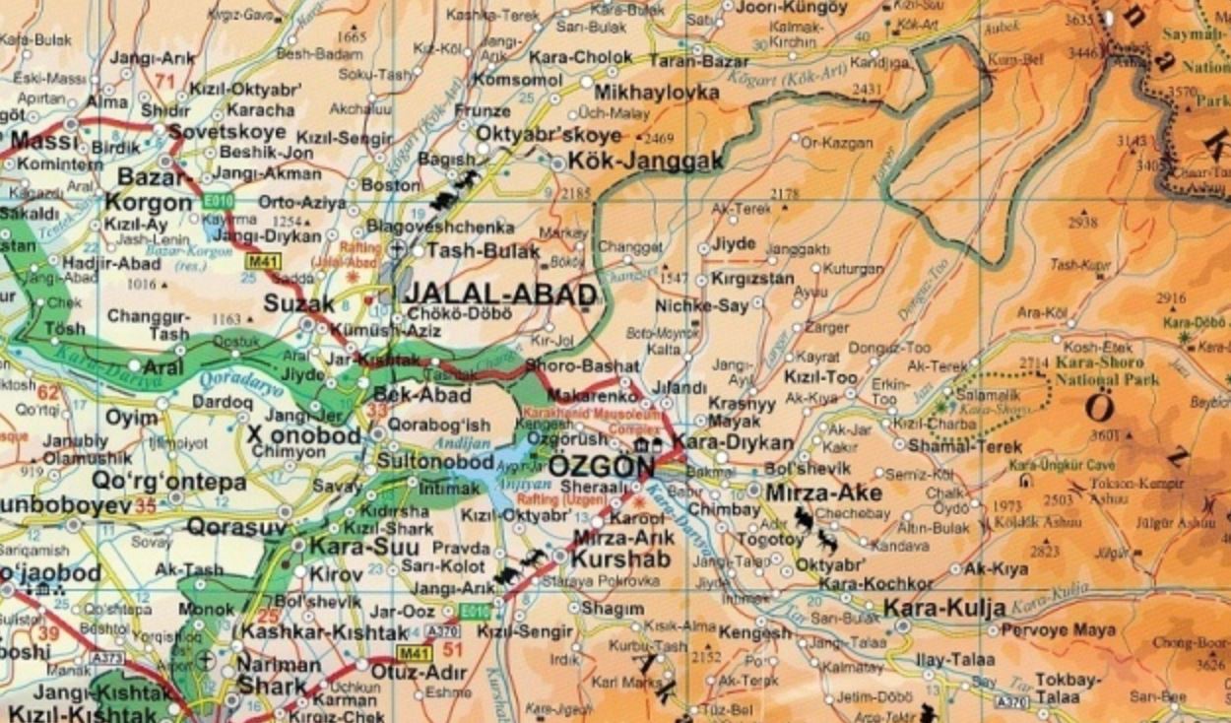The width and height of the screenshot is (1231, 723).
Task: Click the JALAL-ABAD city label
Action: (x=500, y=295)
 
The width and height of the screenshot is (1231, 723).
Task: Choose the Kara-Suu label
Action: (x=351, y=546)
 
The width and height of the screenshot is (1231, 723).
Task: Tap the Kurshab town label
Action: (x=608, y=559)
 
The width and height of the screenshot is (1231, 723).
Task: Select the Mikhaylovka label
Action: (x=657, y=93)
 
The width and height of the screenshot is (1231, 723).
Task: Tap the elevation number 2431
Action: (x=867, y=90)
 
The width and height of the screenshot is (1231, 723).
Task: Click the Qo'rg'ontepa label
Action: (x=155, y=482)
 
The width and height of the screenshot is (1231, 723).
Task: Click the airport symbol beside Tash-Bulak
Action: (x=398, y=249)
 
